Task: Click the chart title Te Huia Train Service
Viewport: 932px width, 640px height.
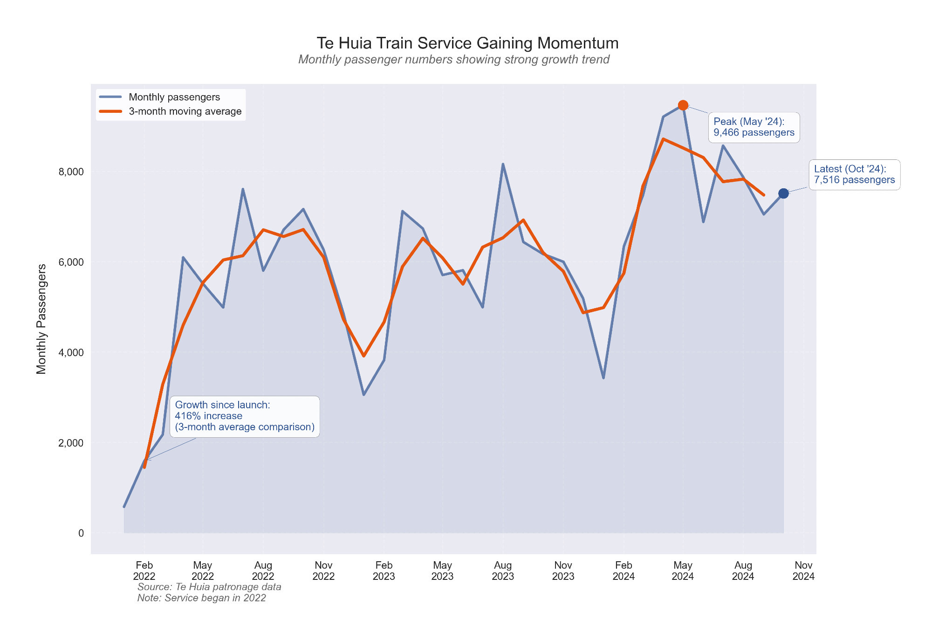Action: coord(467,43)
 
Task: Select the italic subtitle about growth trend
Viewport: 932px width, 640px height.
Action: coord(453,60)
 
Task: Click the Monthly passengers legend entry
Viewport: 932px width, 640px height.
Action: coord(174,97)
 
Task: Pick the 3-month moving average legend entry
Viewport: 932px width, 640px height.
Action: coord(185,111)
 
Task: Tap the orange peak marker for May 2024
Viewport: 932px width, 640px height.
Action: coord(683,105)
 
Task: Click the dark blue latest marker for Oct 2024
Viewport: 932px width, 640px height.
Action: coord(783,193)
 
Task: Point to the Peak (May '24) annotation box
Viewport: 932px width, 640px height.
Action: coord(754,127)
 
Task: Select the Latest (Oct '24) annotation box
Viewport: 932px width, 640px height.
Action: coord(854,175)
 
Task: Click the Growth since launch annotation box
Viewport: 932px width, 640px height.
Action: coord(244,416)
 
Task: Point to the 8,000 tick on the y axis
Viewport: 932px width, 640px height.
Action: coord(71,172)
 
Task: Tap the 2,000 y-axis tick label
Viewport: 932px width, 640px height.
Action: coord(71,443)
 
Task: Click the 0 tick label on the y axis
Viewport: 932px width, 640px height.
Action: coord(81,533)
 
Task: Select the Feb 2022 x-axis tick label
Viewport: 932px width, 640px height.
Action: coord(144,571)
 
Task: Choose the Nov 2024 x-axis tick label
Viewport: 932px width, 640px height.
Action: coord(803,571)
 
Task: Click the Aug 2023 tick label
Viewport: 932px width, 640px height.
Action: coord(503,571)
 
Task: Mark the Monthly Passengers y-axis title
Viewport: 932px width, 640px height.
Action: coord(41,319)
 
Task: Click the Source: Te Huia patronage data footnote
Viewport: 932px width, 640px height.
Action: coord(209,587)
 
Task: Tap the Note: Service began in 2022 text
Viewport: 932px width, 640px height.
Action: coord(201,598)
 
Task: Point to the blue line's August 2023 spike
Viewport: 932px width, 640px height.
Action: coord(503,164)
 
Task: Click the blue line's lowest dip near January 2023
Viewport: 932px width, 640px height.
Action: coord(363,395)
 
